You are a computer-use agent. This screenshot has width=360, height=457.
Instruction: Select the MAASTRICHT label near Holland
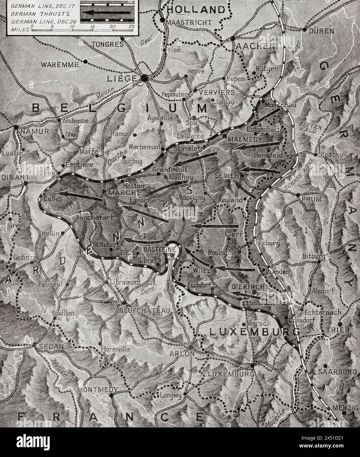tap(189, 22)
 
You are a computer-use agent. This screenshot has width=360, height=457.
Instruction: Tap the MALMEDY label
tap(245, 140)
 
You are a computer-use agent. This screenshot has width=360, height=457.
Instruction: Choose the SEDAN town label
tap(48, 347)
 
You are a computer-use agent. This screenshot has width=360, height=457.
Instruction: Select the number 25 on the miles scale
tap(131, 26)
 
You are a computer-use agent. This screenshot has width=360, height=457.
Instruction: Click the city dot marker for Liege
tap(144, 78)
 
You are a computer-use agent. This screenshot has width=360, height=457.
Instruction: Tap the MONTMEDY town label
tap(97, 389)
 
